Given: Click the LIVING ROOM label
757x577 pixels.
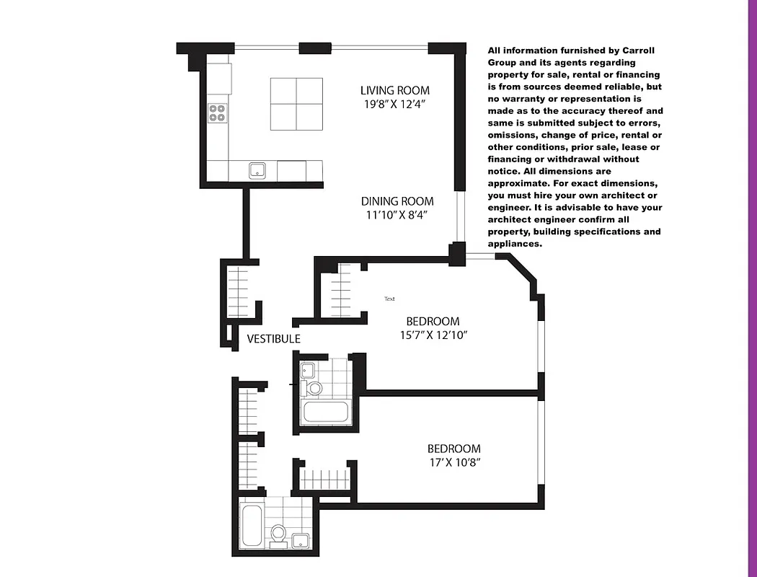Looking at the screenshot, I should coord(394,90).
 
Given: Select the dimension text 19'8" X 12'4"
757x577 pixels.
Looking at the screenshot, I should coord(394,104).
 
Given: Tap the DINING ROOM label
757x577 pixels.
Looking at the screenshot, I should coord(397,201).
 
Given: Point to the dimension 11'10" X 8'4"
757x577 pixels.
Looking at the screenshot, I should coord(397,215).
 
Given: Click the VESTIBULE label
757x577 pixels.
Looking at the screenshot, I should coord(273,338).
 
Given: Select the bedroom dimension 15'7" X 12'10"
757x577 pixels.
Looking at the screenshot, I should coord(433,335).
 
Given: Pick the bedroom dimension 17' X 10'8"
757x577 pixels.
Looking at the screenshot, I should coord(453,462).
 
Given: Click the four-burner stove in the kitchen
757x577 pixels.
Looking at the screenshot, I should coord(217,113).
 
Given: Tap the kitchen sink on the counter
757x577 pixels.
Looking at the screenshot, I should coord(257,170).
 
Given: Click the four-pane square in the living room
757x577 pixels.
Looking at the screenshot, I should coord(296,103).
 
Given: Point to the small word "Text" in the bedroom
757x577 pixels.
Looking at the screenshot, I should coord(389,299).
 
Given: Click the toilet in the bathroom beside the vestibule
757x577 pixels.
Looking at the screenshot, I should coord(314,389).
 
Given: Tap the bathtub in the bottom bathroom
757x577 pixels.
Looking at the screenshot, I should coord(252,526).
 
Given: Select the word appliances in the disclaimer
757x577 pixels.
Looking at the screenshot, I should coord(514,244).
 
